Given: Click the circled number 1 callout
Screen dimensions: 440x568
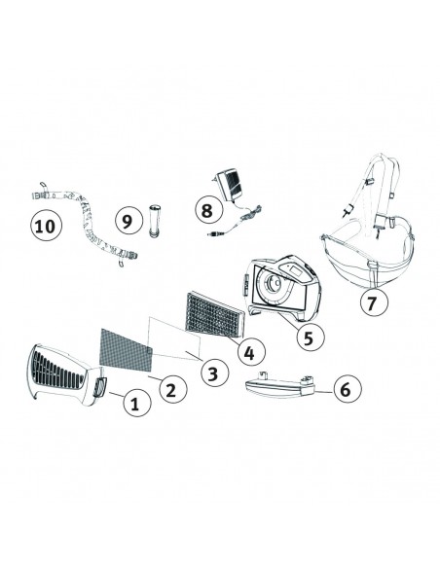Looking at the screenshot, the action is tap(136, 403).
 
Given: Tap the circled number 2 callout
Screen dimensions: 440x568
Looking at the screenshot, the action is tap(173, 389).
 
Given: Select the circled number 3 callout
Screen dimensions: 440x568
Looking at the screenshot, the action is tap(214, 373).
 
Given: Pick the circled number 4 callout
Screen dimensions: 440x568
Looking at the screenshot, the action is tap(251, 352).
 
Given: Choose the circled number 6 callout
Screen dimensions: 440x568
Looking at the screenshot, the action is tap(348, 389).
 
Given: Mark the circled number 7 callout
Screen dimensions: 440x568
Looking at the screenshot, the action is tap(374, 302).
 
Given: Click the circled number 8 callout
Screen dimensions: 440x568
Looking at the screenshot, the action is tap(208, 210).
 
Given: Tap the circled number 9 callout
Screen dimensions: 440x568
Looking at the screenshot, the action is tap(129, 220).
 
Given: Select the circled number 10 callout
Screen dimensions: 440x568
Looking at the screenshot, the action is tap(46, 225).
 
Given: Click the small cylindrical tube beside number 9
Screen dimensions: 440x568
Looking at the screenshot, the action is tap(154, 221).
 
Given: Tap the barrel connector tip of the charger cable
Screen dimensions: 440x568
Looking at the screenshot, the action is tap(210, 234).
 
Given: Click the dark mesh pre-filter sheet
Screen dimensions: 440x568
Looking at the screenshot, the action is tap(126, 349).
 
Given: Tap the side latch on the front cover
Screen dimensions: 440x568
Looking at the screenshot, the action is tap(100, 386).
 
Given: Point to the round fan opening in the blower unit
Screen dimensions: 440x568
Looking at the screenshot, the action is tap(273, 282).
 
